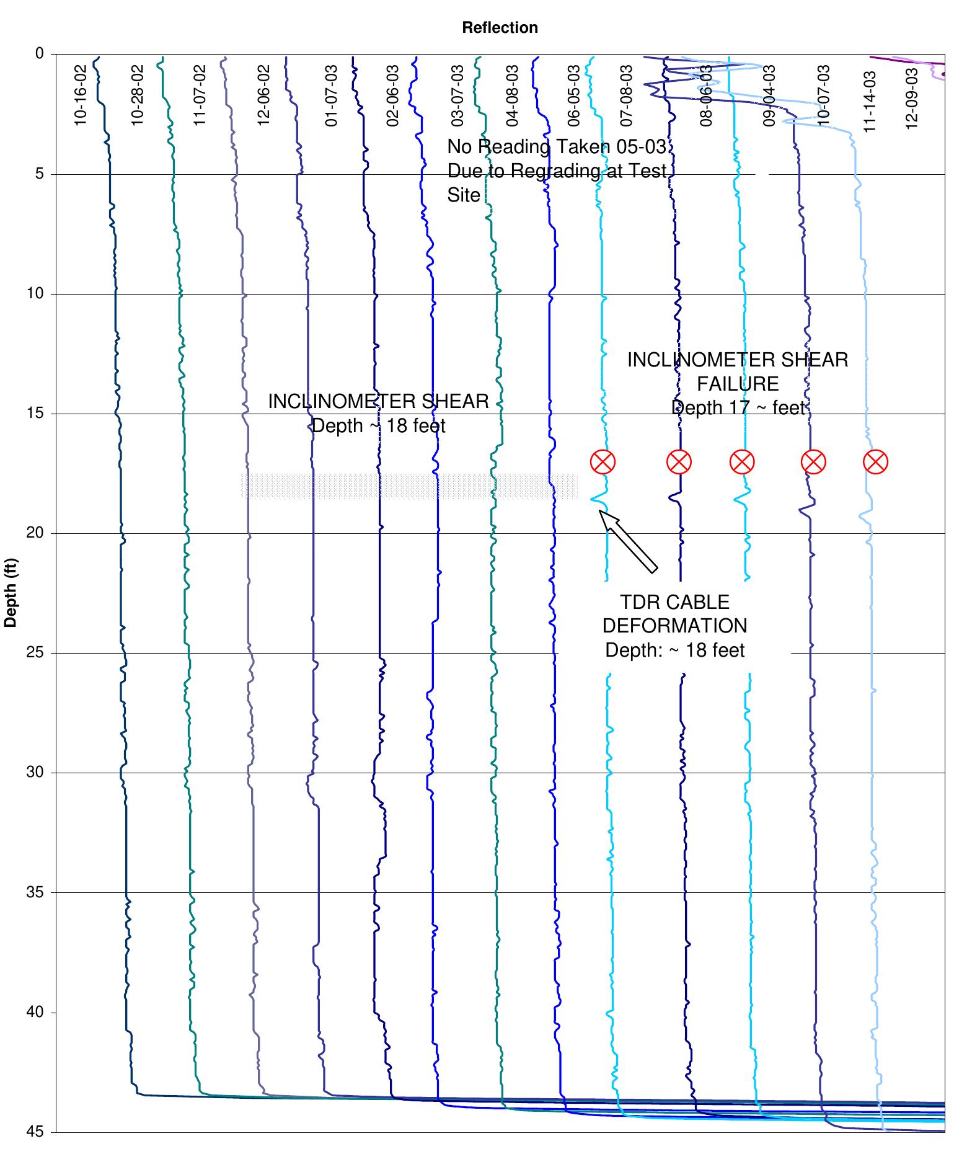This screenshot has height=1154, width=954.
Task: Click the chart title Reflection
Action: [500, 28]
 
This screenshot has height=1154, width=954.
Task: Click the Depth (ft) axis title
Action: [11, 593]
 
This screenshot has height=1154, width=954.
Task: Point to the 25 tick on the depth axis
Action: [39, 653]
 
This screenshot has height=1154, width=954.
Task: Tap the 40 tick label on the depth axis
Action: [39, 1013]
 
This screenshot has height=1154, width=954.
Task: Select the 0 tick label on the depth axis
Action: [40, 55]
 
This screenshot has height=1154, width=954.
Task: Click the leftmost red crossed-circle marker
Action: [603, 461]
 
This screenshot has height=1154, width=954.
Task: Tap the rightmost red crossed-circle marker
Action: [875, 461]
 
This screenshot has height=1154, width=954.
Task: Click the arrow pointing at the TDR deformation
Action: [629, 541]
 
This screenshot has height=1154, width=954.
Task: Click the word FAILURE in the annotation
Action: [738, 384]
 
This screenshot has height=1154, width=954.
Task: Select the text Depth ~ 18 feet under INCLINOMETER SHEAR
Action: [378, 426]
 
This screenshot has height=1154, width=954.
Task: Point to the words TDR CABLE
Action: [674, 602]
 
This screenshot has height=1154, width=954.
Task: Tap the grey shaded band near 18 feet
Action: [409, 486]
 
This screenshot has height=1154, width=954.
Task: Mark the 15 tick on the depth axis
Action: [39, 414]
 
